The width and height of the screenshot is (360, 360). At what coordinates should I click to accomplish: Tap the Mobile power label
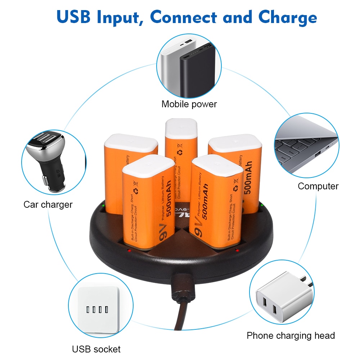pos(189,104)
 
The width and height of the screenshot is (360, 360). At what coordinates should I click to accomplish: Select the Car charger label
pos(48,204)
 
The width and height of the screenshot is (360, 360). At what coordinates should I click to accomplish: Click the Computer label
pos(318,186)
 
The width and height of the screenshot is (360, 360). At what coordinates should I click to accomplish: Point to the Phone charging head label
pos(291,336)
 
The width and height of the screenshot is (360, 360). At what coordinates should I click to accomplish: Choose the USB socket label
pos(96,349)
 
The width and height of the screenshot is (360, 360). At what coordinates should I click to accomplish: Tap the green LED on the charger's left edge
pos(103,206)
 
